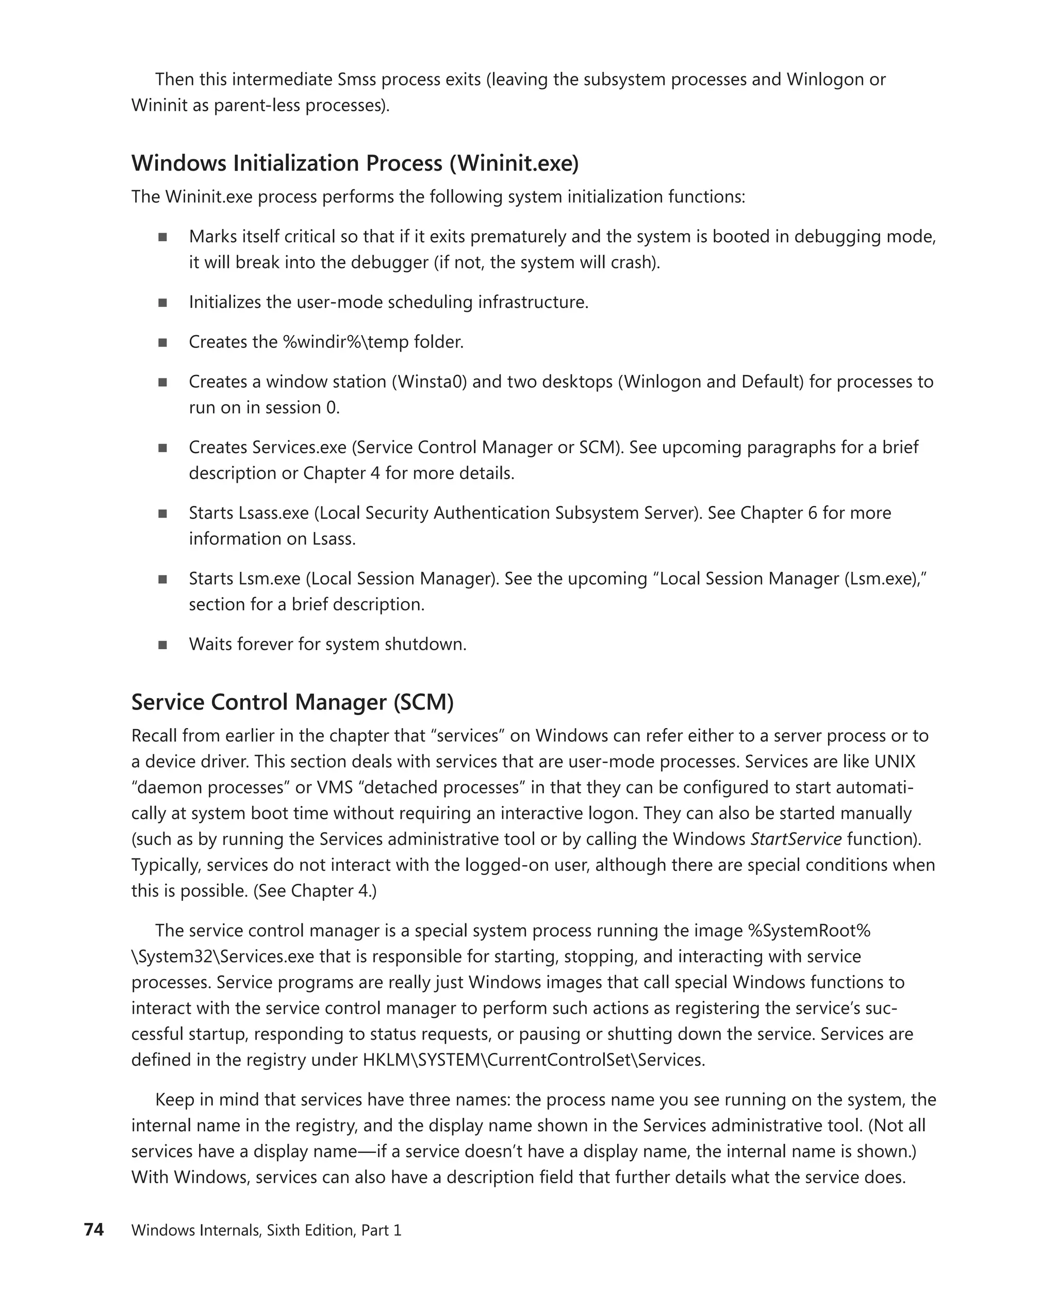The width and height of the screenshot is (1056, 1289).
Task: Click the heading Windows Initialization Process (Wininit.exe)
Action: pos(355,163)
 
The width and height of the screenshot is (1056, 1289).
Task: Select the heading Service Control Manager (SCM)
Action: pos(292,702)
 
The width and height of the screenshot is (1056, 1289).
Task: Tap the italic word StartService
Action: pos(796,839)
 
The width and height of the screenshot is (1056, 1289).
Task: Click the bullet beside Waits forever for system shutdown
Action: pos(162,645)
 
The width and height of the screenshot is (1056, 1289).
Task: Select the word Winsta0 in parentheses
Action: pos(428,382)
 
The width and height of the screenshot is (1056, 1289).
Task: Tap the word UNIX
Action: pos(894,762)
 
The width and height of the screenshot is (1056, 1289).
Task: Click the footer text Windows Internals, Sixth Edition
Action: pos(243,1230)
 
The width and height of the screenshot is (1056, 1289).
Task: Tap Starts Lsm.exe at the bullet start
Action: pos(244,579)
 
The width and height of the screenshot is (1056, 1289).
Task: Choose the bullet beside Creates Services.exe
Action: pos(162,448)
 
